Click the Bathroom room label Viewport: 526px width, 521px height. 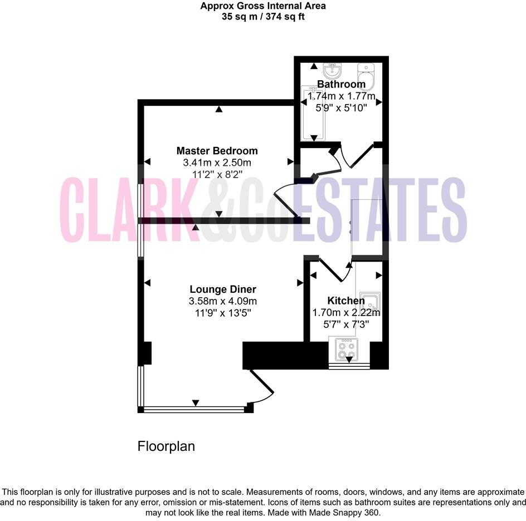point(341,85)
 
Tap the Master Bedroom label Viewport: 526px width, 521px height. point(217,151)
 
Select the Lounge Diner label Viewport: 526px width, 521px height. point(223,289)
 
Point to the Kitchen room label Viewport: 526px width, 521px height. point(345,301)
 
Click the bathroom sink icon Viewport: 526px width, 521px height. point(333,70)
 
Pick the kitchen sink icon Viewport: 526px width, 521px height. point(369,302)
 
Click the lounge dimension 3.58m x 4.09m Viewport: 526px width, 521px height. point(223,301)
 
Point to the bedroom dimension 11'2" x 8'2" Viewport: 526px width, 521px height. point(217,174)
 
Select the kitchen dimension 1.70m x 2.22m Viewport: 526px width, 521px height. point(345,312)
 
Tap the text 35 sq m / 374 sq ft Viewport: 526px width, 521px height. point(263,17)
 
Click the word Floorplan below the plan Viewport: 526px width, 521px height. point(166,446)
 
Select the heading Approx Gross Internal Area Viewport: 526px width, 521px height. point(263,6)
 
